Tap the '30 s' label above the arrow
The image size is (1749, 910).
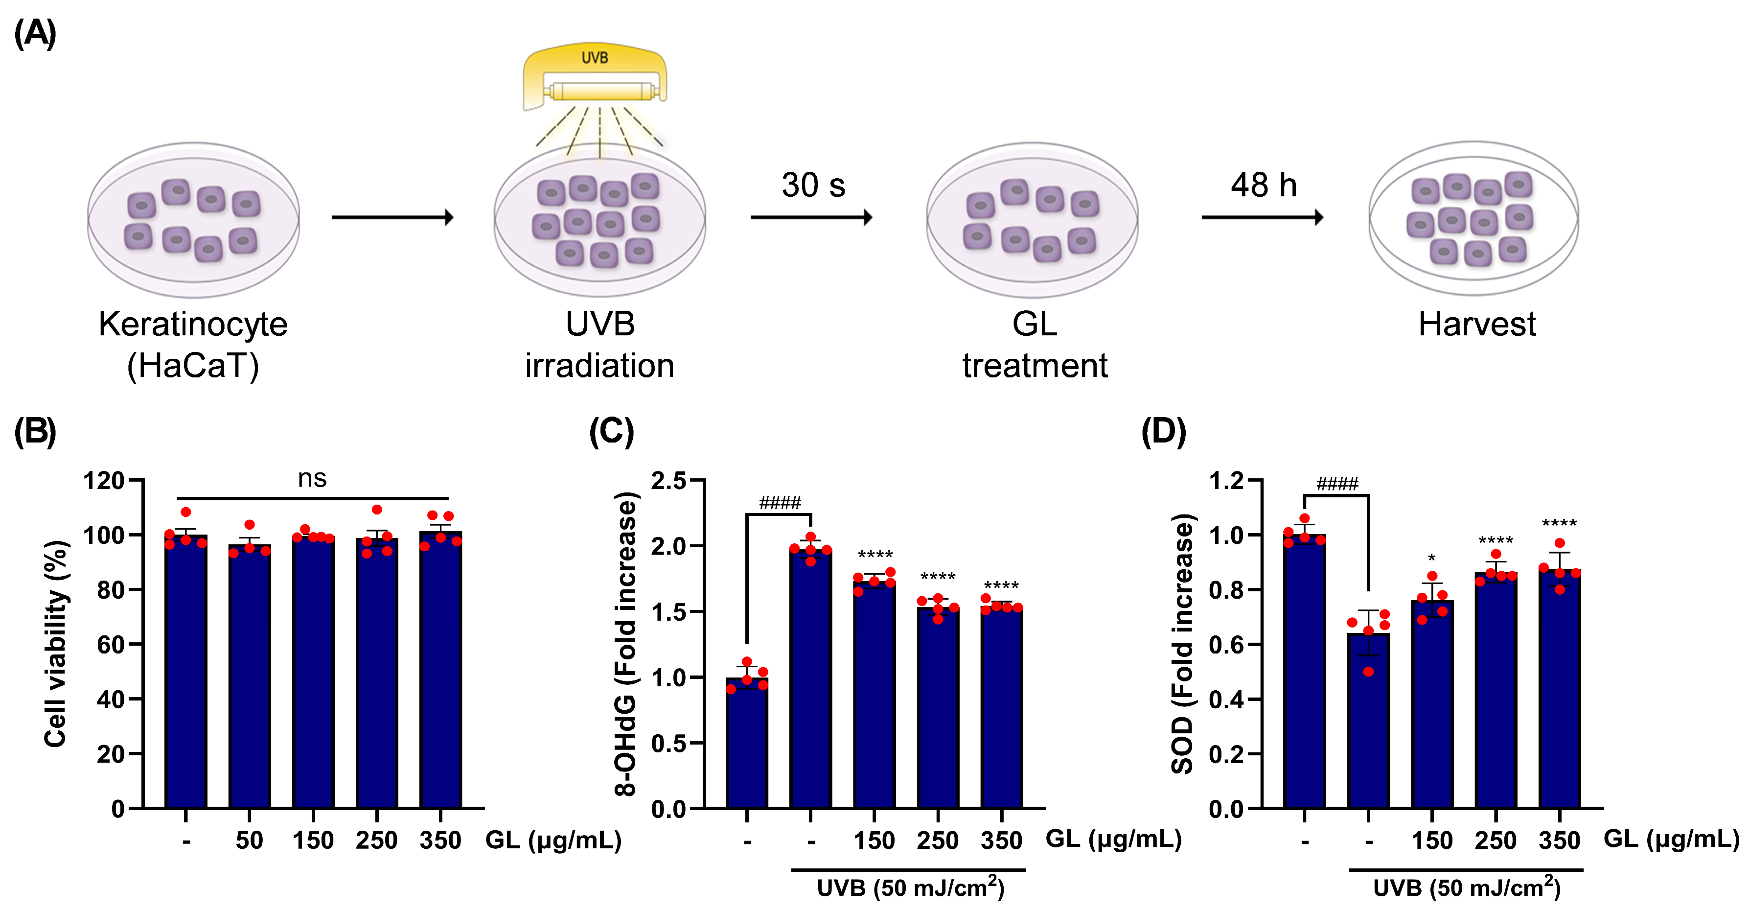pyautogui.click(x=813, y=186)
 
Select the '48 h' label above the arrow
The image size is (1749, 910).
pyautogui.click(x=1264, y=186)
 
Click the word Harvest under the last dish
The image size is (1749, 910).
pyautogui.click(x=1477, y=325)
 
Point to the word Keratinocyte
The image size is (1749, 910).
pyautogui.click(x=193, y=325)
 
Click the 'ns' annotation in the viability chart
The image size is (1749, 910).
pyautogui.click(x=312, y=479)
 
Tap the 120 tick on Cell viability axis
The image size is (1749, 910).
pyautogui.click(x=104, y=481)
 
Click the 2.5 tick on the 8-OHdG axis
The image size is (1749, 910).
pyautogui.click(x=668, y=481)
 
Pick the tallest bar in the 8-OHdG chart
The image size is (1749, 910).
pyautogui.click(x=811, y=679)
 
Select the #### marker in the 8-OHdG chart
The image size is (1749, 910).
pyautogui.click(x=780, y=503)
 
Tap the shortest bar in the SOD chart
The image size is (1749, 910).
pyautogui.click(x=1368, y=720)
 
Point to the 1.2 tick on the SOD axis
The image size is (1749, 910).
pyautogui.click(x=1226, y=481)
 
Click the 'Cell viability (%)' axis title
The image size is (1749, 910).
pyautogui.click(x=56, y=644)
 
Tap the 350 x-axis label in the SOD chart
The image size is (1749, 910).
pyautogui.click(x=1559, y=840)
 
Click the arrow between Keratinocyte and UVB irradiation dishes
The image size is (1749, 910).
pyautogui.click(x=392, y=217)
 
